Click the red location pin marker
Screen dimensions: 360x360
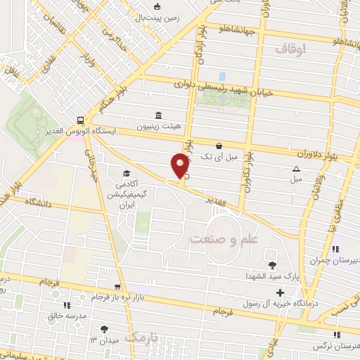pos(181,165)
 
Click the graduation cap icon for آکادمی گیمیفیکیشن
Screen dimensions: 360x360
pos(127,173)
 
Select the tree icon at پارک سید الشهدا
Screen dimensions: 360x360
pos(262,264)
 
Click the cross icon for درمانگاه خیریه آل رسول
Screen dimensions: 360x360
pos(281,292)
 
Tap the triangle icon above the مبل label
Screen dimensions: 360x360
pos(296,169)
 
